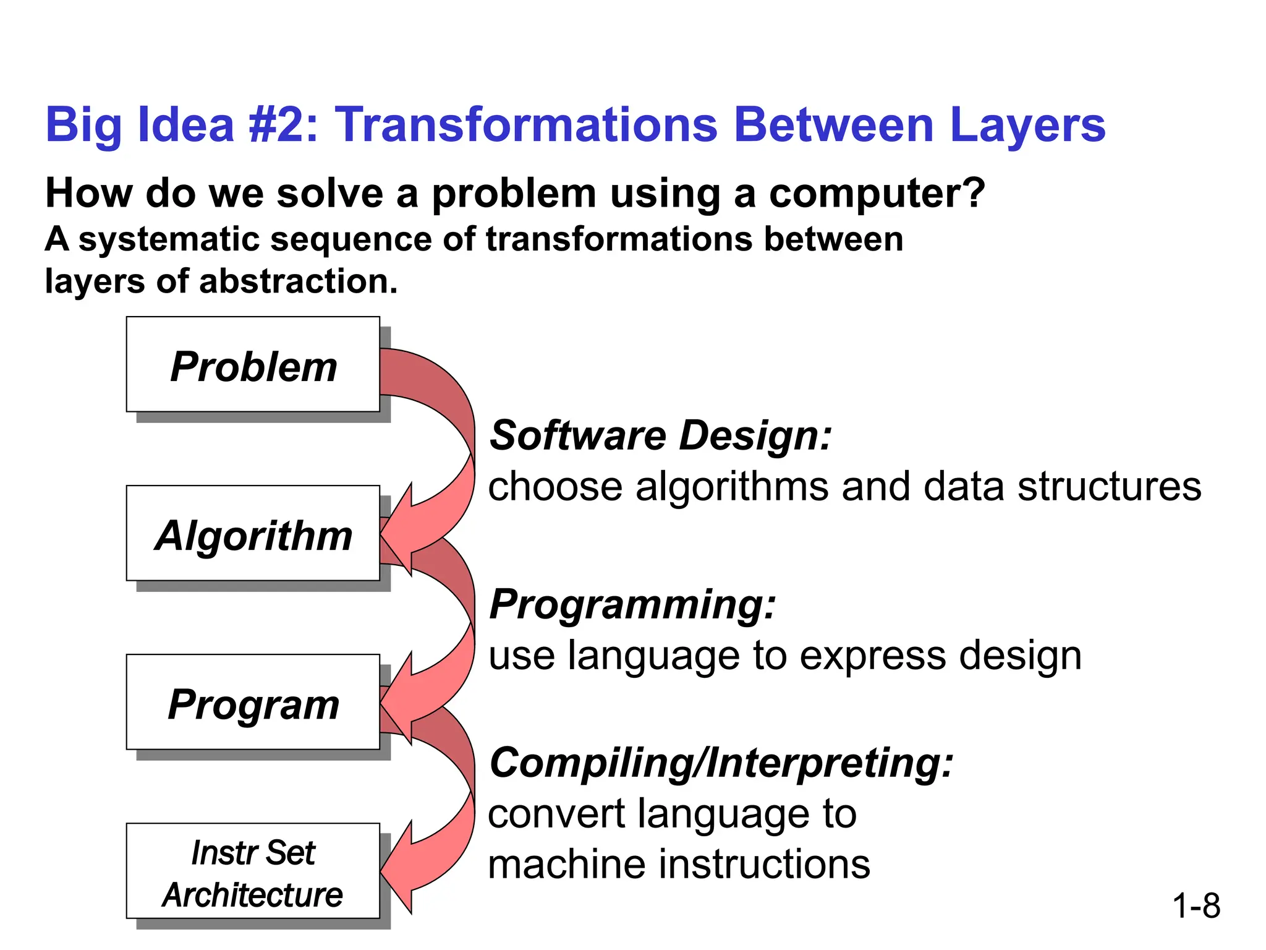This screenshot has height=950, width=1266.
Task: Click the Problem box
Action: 253,365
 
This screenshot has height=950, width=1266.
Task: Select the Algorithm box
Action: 253,534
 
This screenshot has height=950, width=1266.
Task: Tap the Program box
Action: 253,703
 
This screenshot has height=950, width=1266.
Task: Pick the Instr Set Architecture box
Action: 253,871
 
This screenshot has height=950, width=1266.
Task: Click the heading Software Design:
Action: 660,435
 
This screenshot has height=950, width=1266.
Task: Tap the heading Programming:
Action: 632,604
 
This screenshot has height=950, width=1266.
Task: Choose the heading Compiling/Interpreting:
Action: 721,763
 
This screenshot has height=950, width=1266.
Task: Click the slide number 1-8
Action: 1196,905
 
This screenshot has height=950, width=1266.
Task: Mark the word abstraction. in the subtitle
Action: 298,281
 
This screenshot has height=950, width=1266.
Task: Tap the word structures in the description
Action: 1109,487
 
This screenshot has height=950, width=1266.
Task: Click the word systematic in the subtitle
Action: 168,240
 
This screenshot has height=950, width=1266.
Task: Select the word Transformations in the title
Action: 525,125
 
